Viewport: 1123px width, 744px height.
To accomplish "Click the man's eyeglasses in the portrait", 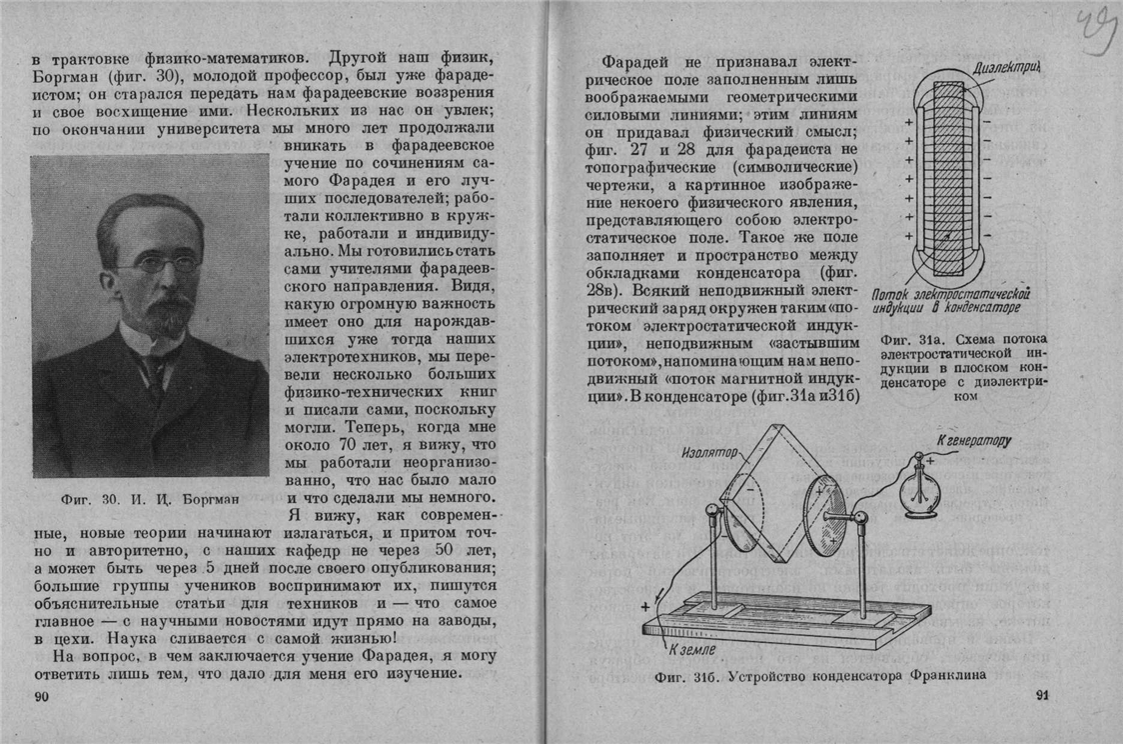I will [157, 265].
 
